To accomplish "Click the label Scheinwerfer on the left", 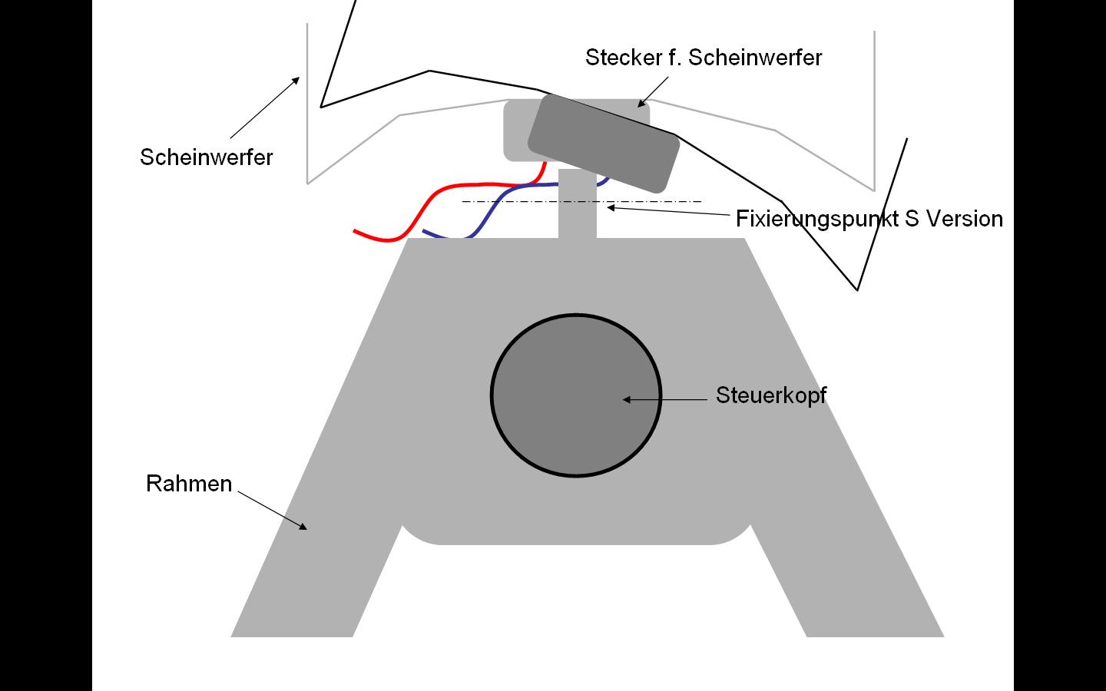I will pyautogui.click(x=206, y=157).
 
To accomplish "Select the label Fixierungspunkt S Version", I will pyautogui.click(x=869, y=219).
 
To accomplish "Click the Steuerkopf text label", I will pyautogui.click(x=770, y=395).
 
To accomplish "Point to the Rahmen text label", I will pyautogui.click(x=189, y=484).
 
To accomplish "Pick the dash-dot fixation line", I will pyautogui.click(x=507, y=202).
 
